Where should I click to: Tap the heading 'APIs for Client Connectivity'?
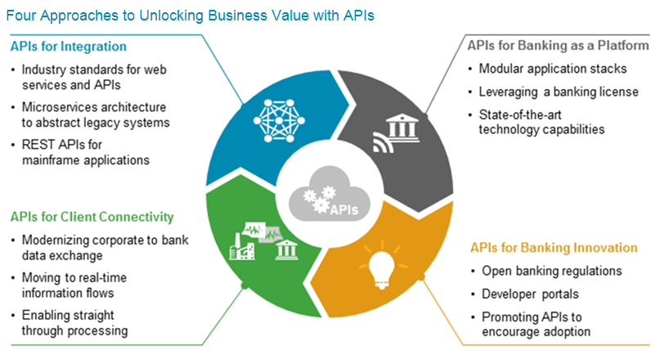pyautogui.click(x=92, y=217)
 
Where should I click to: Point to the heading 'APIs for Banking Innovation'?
pyautogui.click(x=554, y=247)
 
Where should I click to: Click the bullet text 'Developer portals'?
pyautogui.click(x=529, y=293)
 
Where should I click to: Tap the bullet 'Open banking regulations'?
pyautogui.click(x=552, y=271)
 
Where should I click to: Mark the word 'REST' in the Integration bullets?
pyautogui.click(x=38, y=144)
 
